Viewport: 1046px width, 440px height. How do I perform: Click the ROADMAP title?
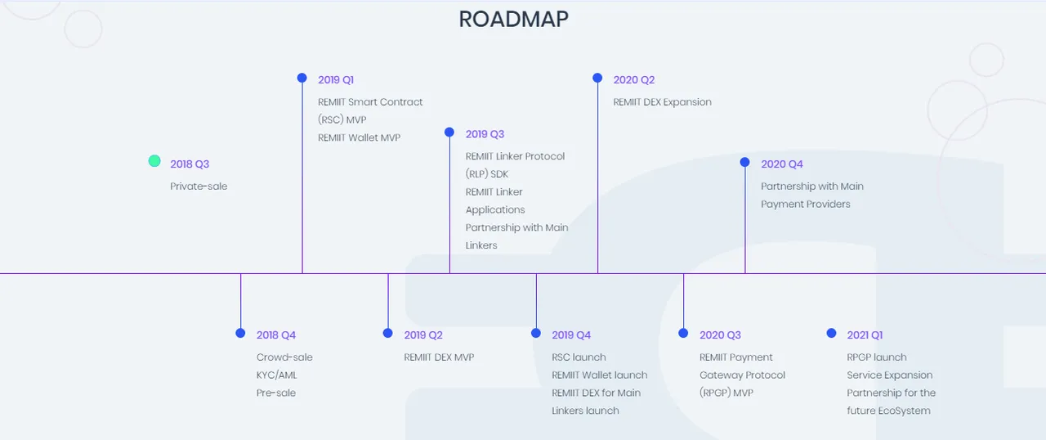tap(514, 19)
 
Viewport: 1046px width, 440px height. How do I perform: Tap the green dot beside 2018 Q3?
tap(154, 161)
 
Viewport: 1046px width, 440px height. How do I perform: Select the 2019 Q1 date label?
tap(336, 80)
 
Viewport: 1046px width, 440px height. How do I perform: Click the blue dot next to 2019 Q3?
tap(449, 132)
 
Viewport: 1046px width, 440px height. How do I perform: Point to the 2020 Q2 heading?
tap(633, 80)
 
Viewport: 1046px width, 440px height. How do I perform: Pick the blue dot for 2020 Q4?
tap(744, 162)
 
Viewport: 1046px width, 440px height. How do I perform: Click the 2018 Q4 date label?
tap(276, 334)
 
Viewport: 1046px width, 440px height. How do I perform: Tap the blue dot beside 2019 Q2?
tap(387, 333)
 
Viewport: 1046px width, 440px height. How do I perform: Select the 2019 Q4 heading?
tap(571, 334)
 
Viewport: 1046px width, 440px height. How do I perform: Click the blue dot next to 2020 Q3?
tap(683, 333)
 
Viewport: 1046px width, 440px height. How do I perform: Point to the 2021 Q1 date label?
tap(865, 334)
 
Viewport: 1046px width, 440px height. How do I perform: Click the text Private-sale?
tap(199, 186)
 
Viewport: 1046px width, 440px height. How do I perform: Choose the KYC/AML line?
tap(276, 375)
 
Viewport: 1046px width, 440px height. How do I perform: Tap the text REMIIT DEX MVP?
tap(439, 357)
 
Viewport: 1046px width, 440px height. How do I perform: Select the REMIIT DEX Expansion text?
tap(662, 102)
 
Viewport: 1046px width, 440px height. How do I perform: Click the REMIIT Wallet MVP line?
tap(359, 137)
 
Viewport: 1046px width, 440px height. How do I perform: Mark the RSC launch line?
tap(579, 357)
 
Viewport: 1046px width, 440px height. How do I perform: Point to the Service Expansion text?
tap(890, 375)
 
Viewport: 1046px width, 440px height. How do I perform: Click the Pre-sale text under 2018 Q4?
tap(276, 393)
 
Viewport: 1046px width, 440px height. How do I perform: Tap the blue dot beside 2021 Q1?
tap(831, 333)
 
